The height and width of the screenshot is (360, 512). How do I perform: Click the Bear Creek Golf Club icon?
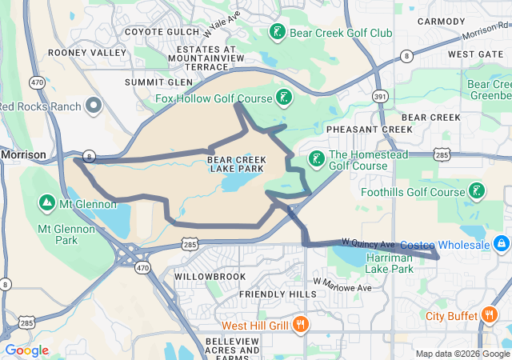[x=276, y=33]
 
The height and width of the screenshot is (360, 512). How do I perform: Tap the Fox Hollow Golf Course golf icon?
[x=283, y=98]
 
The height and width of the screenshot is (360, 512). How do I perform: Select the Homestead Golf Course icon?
[x=317, y=158]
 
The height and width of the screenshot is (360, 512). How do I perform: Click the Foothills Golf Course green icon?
[x=477, y=191]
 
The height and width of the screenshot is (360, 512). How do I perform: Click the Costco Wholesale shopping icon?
[x=501, y=242]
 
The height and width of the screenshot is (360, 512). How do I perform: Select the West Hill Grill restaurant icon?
[x=301, y=325]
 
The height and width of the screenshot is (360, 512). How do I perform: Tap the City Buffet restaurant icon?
[x=490, y=316]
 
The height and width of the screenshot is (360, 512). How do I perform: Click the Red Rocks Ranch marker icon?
[x=94, y=106]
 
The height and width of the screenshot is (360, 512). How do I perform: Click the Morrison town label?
[x=22, y=154]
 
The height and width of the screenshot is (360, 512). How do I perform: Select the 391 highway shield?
[x=380, y=95]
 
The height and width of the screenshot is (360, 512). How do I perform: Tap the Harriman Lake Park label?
[x=390, y=263]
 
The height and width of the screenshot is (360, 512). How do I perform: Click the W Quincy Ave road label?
[x=368, y=242]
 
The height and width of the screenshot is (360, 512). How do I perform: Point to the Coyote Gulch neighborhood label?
[x=158, y=32]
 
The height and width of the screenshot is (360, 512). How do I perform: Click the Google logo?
[x=27, y=350]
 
